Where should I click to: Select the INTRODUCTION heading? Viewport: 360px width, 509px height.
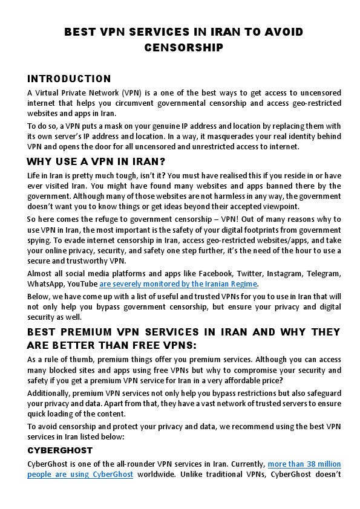click(x=69, y=79)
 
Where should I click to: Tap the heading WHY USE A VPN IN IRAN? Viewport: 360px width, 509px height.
click(x=96, y=161)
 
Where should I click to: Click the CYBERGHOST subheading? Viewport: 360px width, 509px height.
click(x=60, y=450)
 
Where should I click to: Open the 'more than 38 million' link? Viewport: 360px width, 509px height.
click(x=304, y=464)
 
